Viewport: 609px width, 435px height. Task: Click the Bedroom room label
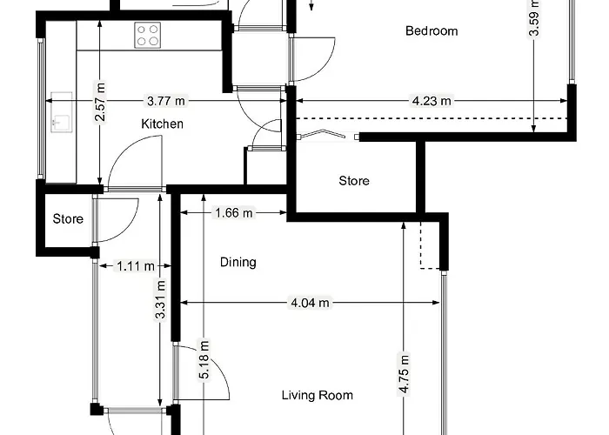point(432,31)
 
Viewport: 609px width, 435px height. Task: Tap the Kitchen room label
point(163,124)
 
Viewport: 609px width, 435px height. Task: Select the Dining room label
point(238,262)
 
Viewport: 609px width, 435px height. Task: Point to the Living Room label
point(318,396)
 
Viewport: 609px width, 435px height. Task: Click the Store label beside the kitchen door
point(68,219)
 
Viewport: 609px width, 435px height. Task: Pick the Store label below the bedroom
point(354,181)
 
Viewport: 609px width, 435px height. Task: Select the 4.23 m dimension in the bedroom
point(432,101)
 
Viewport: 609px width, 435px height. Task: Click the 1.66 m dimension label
point(232,212)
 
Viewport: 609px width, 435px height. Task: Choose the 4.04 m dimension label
point(310,304)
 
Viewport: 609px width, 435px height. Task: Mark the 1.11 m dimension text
point(135,266)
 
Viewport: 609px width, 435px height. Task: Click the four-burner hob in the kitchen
point(148,35)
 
